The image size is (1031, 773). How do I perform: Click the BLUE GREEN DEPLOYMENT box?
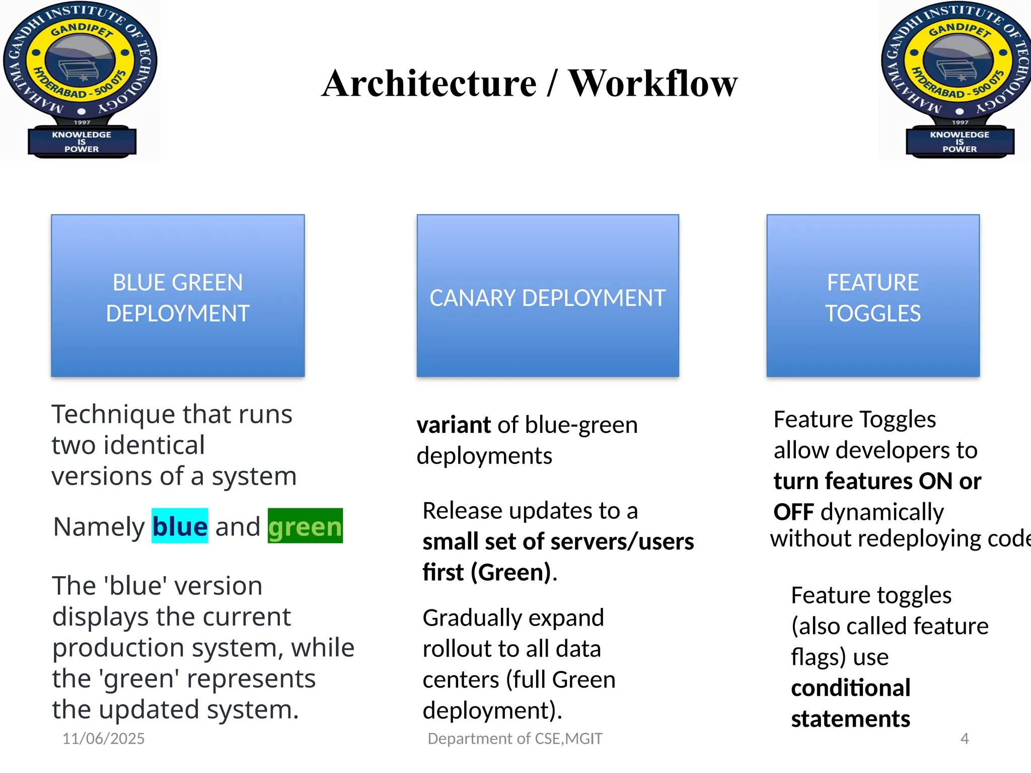pyautogui.click(x=178, y=296)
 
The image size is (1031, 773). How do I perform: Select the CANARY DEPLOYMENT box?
pyautogui.click(x=548, y=296)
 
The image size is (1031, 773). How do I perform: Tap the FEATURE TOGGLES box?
pyautogui.click(x=873, y=296)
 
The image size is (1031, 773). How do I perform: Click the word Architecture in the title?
pyautogui.click(x=429, y=84)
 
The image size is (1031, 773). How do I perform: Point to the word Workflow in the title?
pyautogui.click(x=653, y=84)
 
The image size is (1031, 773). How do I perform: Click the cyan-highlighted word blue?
pyautogui.click(x=180, y=526)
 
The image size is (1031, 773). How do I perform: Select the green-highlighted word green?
pyautogui.click(x=305, y=526)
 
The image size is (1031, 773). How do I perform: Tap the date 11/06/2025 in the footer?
pyautogui.click(x=103, y=738)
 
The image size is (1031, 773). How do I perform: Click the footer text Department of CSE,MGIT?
pyautogui.click(x=514, y=738)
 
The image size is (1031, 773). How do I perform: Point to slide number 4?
pyautogui.click(x=964, y=738)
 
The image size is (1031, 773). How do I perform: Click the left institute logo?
pyautogui.click(x=81, y=80)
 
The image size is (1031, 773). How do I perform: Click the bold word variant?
pyautogui.click(x=454, y=425)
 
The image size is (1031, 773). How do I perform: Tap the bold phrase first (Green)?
pyautogui.click(x=487, y=573)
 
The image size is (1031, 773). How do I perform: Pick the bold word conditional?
pyautogui.click(x=851, y=688)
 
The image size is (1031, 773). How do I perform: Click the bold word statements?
pyautogui.click(x=851, y=719)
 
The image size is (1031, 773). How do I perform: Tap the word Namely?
pyautogui.click(x=99, y=527)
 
